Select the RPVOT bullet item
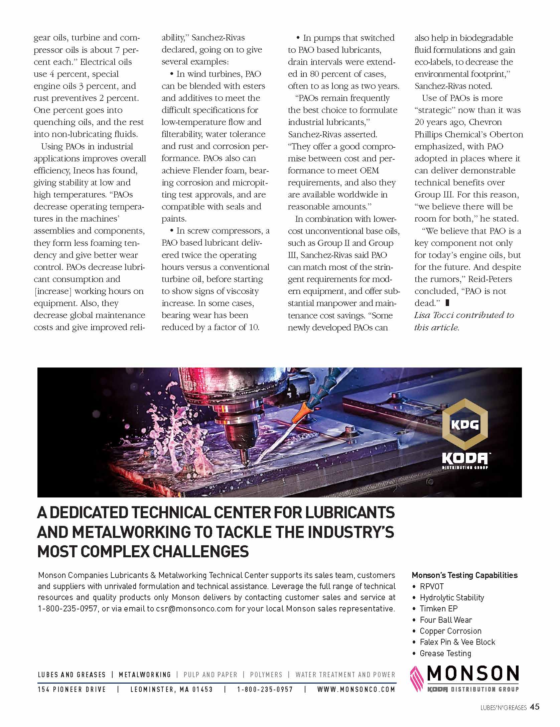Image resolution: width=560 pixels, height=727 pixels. pyautogui.click(x=432, y=587)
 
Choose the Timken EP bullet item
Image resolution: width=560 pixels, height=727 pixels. pyautogui.click(x=438, y=609)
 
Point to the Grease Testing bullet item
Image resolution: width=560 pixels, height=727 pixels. pyautogui.click(x=445, y=653)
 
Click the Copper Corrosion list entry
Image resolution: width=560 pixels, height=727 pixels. pyautogui.click(x=450, y=631)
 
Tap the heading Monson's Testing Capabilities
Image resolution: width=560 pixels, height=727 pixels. pyautogui.click(x=464, y=575)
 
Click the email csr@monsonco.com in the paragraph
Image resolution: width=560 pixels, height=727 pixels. pyautogui.click(x=194, y=608)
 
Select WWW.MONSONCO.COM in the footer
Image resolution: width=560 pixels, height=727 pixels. pyautogui.click(x=356, y=689)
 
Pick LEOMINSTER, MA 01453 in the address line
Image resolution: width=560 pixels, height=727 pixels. pyautogui.click(x=171, y=689)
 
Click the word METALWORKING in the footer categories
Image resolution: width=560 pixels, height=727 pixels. pyautogui.click(x=145, y=675)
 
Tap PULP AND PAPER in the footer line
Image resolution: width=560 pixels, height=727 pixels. pyautogui.click(x=211, y=675)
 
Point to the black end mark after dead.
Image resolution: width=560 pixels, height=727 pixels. pyautogui.click(x=448, y=303)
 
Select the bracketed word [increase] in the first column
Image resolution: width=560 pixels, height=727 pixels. pyautogui.click(x=53, y=291)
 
